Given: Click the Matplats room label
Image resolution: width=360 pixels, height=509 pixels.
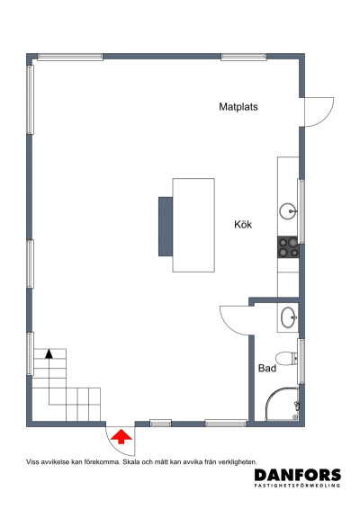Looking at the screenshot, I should (x=238, y=106).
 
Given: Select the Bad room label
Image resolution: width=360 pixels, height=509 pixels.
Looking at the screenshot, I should (x=266, y=369).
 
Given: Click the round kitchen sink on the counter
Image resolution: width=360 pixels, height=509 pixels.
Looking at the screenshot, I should (x=288, y=211).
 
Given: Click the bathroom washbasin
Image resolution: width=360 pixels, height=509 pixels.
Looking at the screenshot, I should (x=289, y=317).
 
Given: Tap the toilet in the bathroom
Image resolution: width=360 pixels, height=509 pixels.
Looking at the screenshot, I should (x=286, y=358).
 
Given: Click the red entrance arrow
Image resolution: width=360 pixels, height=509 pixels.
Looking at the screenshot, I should (x=121, y=440).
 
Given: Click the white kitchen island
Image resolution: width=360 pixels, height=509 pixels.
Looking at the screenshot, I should (x=194, y=224).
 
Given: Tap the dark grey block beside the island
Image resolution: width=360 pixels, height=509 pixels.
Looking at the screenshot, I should (x=166, y=225).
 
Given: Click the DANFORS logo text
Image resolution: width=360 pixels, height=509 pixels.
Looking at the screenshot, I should (x=297, y=475).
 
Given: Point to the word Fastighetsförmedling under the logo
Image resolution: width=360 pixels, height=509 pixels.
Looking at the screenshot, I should (x=297, y=487).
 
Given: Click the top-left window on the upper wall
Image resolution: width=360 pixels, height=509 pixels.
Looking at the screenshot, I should (x=68, y=57).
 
